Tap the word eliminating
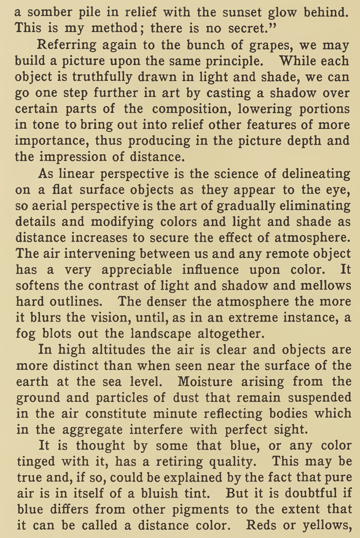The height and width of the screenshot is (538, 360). click(308, 206)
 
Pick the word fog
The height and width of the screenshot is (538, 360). click(25, 333)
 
